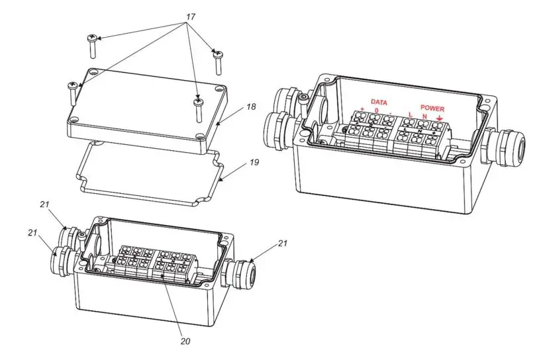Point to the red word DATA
pos(379,102)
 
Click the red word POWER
pos(432,108)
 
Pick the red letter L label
pos(411,115)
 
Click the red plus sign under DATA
pos(363,109)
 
